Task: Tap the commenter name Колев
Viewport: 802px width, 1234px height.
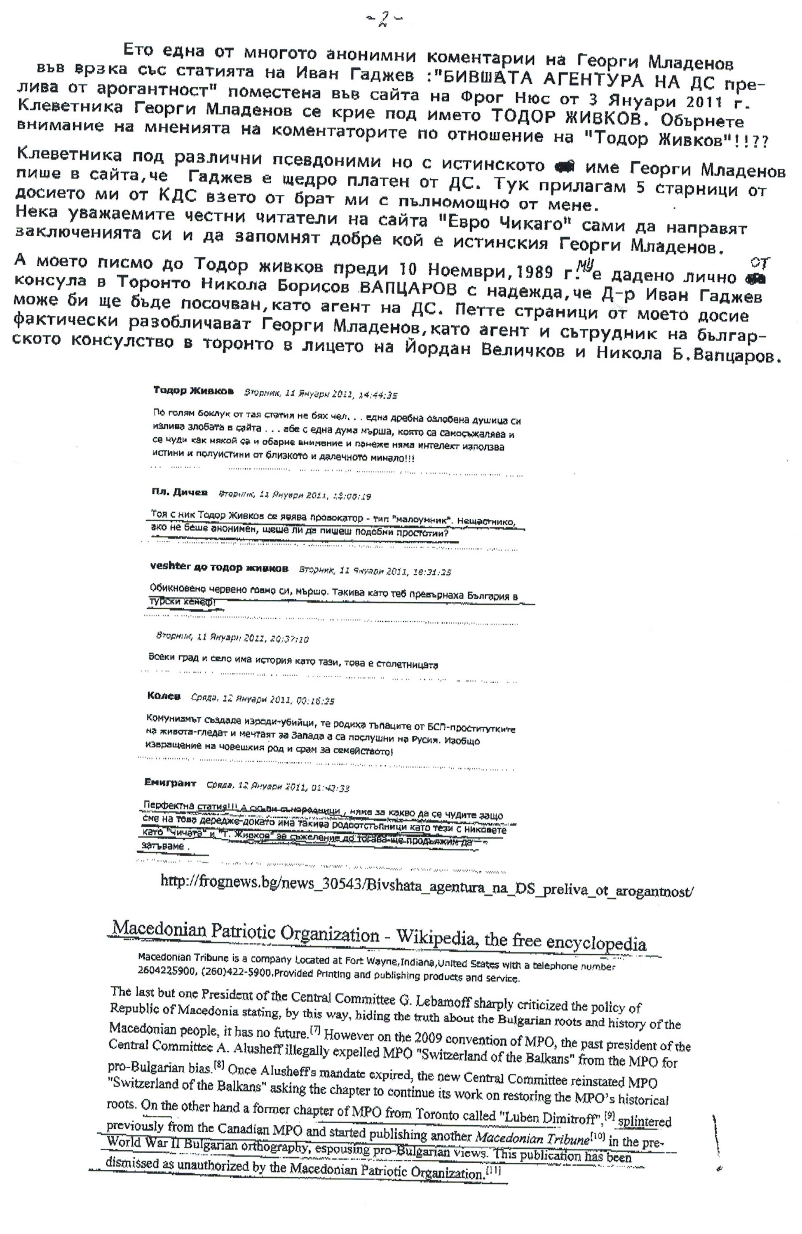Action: (x=164, y=696)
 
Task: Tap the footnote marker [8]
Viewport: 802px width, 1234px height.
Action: (x=219, y=1067)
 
